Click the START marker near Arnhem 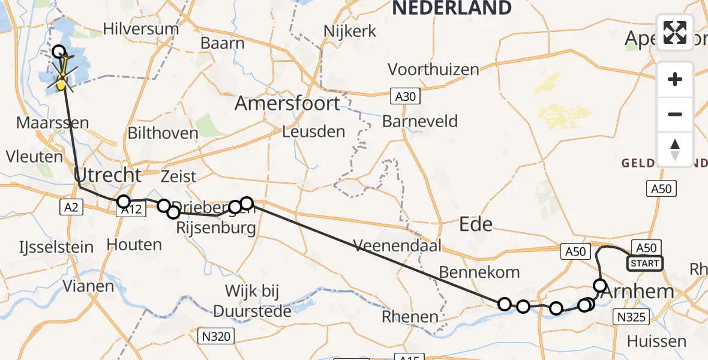645,263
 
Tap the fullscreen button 675,32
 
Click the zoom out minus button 675,114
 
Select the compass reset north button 675,149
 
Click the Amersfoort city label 287,103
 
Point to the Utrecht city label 109,176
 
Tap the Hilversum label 141,29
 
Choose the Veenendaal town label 397,245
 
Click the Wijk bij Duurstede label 252,301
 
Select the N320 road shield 214,337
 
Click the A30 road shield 405,95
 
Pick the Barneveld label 420,121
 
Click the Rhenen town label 410,316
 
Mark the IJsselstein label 56,247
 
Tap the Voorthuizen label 433,69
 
